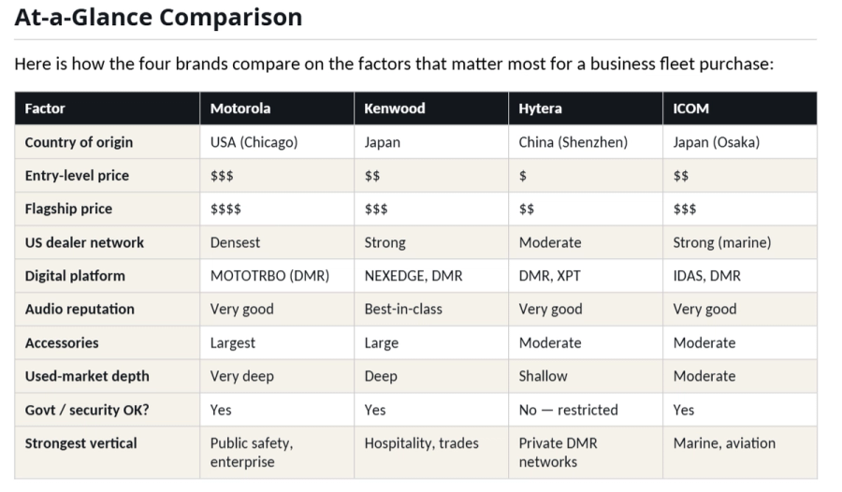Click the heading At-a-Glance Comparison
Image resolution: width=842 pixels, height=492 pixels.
(158, 17)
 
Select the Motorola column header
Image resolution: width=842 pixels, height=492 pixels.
(240, 109)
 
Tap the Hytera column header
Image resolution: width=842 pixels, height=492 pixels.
(540, 109)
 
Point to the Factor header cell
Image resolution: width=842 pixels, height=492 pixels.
(45, 109)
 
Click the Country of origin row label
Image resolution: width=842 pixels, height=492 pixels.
(79, 142)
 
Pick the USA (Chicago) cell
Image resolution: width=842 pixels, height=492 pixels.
(254, 142)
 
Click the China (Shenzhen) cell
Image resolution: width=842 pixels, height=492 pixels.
(573, 142)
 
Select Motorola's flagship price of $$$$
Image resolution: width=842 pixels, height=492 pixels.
(225, 209)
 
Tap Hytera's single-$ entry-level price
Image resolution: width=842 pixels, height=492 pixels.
(523, 176)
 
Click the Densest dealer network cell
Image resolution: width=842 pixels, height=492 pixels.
(237, 242)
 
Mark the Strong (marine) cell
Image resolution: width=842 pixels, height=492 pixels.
(721, 242)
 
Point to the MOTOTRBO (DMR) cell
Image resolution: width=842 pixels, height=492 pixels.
(268, 276)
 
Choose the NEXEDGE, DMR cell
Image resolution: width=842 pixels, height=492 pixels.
(413, 276)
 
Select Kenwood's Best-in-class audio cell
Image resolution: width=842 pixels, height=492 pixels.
(403, 309)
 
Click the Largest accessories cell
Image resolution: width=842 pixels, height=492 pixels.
(232, 342)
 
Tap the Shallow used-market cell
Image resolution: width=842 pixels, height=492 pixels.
(543, 376)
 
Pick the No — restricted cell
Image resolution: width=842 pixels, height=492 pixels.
(568, 410)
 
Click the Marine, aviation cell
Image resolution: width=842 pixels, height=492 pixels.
(724, 443)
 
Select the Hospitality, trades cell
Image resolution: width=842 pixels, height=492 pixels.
(421, 443)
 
